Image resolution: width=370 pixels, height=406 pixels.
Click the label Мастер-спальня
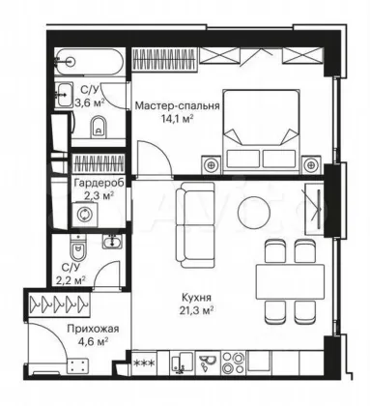(x=177, y=105)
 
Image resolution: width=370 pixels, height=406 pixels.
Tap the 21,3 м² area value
(x=196, y=310)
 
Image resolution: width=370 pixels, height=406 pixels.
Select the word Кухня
(x=196, y=297)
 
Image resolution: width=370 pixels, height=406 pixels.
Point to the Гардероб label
(x=99, y=183)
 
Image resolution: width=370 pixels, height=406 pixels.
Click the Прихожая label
(x=93, y=329)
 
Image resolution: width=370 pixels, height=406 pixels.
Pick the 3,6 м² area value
(x=90, y=102)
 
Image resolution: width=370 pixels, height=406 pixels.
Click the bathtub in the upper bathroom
(x=88, y=62)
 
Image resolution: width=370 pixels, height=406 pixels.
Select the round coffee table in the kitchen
(x=254, y=212)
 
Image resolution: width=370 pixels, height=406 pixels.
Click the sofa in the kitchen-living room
(x=195, y=225)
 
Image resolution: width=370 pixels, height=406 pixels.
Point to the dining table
(x=290, y=282)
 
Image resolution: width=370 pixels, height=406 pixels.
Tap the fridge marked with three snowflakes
(x=144, y=363)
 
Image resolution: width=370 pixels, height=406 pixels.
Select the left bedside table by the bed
(x=211, y=165)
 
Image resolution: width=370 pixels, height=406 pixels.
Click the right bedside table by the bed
(x=311, y=165)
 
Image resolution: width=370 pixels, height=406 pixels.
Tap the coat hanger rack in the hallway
(x=59, y=304)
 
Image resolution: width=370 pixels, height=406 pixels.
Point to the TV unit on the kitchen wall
(x=314, y=209)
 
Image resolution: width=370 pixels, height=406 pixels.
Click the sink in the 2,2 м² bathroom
(x=112, y=242)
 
